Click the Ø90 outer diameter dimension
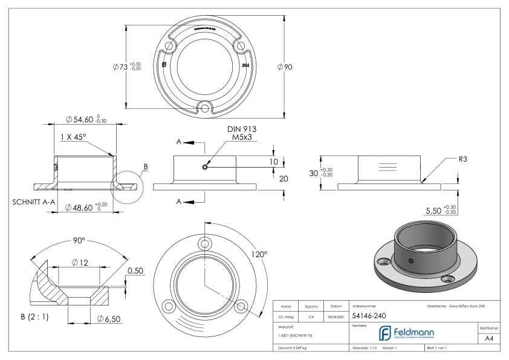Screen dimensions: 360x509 pos(284,67)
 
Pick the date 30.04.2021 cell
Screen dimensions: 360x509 pos(336,316)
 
